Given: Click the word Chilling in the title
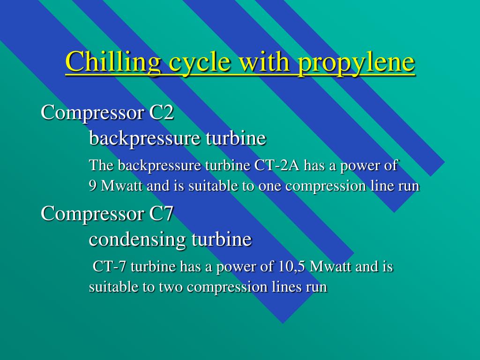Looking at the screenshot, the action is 112,62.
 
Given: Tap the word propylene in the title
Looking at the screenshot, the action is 356,63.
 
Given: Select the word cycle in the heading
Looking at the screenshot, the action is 199,63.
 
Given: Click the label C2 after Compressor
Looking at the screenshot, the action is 161,112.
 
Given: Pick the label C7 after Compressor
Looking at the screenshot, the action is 161,213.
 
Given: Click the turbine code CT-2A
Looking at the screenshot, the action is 277,165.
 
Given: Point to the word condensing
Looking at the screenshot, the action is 137,240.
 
